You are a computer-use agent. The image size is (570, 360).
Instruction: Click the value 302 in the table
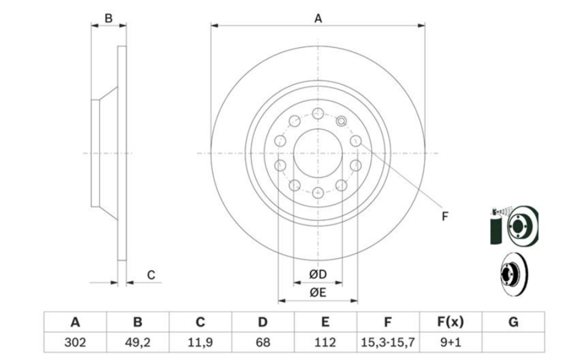[75, 342]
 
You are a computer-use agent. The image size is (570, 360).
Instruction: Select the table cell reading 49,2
[138, 342]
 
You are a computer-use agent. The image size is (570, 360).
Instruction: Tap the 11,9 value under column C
[200, 342]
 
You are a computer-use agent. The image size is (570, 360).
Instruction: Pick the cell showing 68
[262, 342]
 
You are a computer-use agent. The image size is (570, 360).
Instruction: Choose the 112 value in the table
[325, 342]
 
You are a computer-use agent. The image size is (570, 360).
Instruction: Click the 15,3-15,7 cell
[388, 342]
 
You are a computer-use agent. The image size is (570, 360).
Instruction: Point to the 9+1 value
[450, 342]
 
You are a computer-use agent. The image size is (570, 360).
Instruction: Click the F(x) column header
[450, 322]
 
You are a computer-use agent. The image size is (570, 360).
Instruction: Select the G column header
[513, 322]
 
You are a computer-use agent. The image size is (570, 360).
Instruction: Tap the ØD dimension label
[318, 274]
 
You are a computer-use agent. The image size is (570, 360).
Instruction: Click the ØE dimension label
[318, 292]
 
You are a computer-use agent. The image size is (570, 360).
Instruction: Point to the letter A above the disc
[318, 19]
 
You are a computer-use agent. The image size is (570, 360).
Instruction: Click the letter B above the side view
[108, 19]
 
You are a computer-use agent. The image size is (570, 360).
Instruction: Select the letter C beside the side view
[151, 275]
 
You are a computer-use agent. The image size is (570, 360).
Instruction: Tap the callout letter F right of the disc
[445, 217]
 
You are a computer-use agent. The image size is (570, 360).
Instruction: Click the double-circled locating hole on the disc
[341, 120]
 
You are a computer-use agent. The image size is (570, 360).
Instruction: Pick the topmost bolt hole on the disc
[318, 113]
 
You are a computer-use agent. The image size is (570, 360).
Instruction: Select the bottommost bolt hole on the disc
[318, 192]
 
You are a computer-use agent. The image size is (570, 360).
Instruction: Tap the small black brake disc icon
[514, 274]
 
